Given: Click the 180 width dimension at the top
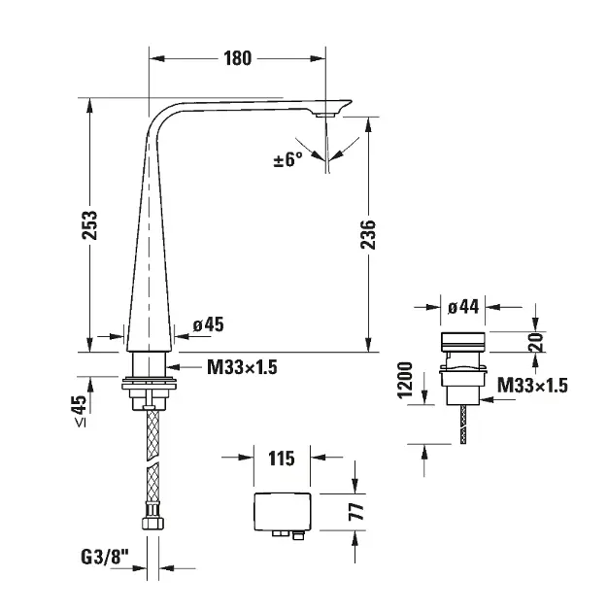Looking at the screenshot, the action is coord(237,58).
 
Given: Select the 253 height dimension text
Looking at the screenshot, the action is coord(89,225).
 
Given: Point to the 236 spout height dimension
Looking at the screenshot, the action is coord(368,234).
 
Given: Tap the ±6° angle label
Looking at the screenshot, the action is coord(288,159).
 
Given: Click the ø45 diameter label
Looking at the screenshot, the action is coord(209,324).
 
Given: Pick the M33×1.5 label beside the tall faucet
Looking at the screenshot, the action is coord(242,367).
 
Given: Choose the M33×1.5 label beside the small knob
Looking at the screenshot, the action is coord(532,386).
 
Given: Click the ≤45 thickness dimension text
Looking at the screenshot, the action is coord(81,411).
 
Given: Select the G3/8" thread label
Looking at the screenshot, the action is coord(105,557).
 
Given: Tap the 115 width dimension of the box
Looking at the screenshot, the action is coord(282,459).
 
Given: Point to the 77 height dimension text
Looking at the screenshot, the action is coord(356,512).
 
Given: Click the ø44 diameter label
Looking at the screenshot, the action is coord(463,307).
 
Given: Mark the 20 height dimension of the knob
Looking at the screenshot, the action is coord(535,342).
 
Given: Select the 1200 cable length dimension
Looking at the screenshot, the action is coord(405,380).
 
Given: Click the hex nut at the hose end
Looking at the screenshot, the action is coord(152,523).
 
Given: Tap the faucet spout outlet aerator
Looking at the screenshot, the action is coord(324,116).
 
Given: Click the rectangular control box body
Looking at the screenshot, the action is coord(283,512).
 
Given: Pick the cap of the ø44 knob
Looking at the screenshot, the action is coord(463,342).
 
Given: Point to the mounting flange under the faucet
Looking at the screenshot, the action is coord(149,383).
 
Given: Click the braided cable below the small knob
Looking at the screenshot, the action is coord(463,425).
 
